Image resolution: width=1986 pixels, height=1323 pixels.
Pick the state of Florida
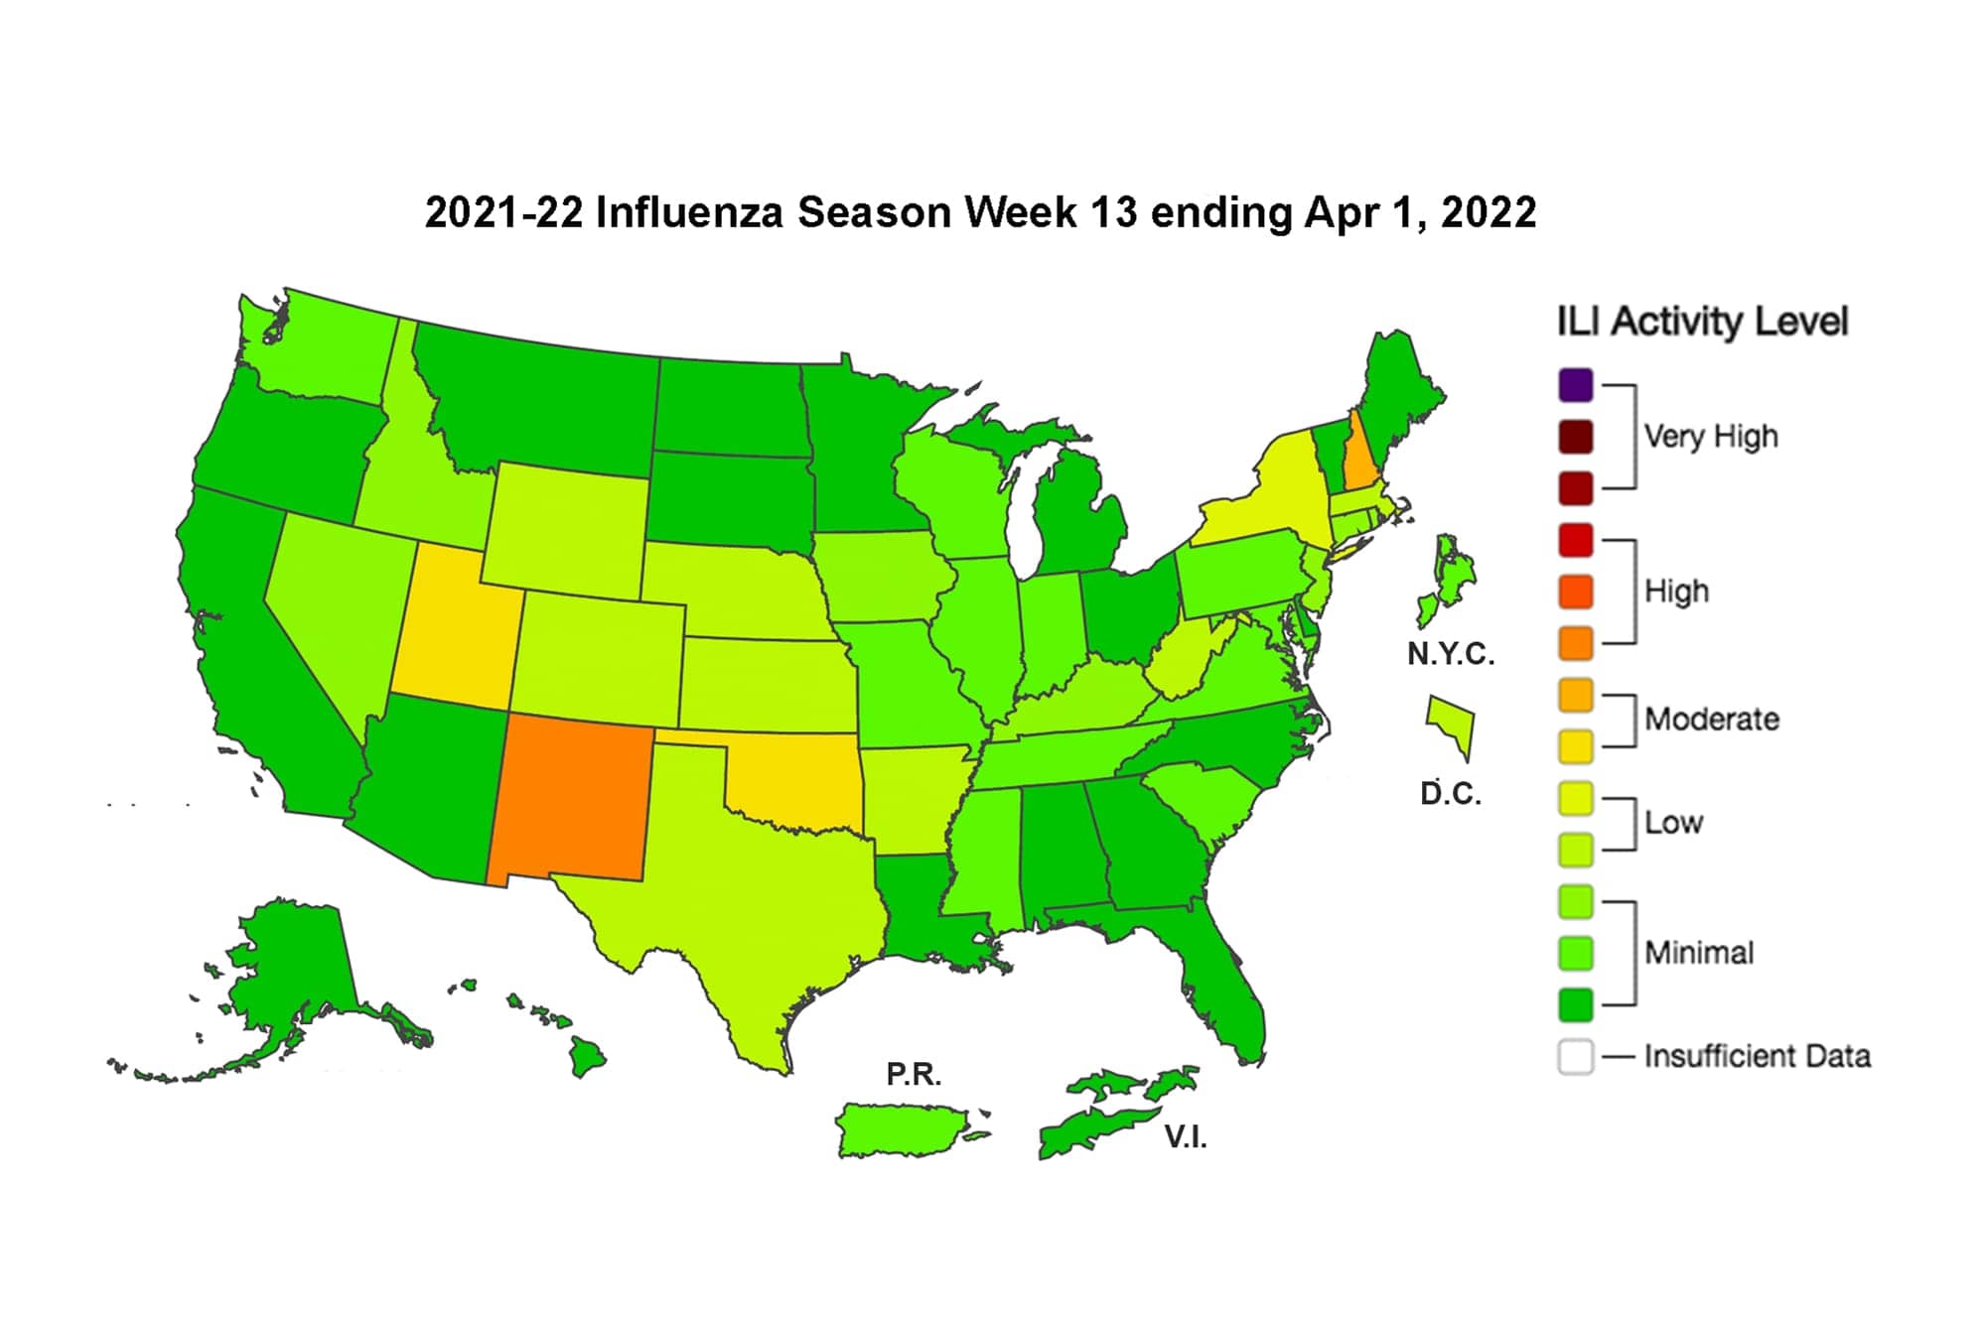point(1226,992)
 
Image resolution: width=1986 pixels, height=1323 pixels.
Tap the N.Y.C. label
point(1451,654)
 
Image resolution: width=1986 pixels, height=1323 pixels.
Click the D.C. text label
point(1451,794)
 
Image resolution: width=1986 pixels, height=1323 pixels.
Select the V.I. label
point(1186,1137)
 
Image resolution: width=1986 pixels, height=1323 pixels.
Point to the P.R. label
point(914,1074)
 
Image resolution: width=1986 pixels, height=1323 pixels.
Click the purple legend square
point(1576,385)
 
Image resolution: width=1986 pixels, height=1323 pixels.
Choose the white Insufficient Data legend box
point(1576,1057)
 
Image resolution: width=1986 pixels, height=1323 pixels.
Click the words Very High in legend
point(1710,437)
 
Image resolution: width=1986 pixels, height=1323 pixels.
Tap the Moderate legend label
point(1711,720)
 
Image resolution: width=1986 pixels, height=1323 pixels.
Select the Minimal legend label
point(1699,953)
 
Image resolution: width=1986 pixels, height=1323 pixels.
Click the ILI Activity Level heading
point(1702,322)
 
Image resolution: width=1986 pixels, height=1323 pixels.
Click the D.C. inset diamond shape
point(1453,725)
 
